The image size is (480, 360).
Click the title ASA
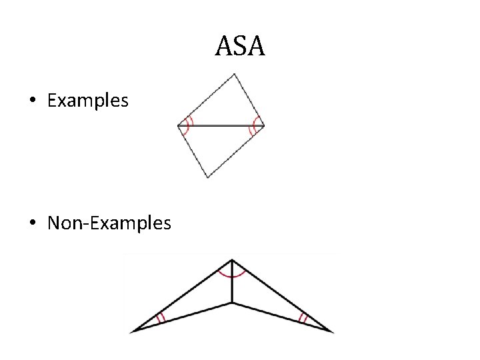(x=240, y=47)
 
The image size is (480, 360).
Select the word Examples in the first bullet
(x=88, y=101)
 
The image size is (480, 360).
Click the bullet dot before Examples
(x=33, y=101)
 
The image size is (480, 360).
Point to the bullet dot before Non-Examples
(x=33, y=223)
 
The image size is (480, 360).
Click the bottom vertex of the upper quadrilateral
(x=208, y=177)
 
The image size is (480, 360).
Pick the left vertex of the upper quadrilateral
(x=178, y=125)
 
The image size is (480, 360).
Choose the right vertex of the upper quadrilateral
(x=264, y=125)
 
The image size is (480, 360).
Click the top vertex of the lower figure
(x=231, y=259)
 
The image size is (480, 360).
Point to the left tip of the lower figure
(x=134, y=331)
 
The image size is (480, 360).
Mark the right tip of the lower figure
(x=332, y=331)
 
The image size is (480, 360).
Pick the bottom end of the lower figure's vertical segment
(x=231, y=303)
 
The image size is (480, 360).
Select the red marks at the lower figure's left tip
(x=161, y=319)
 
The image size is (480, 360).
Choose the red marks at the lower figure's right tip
(x=303, y=318)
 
